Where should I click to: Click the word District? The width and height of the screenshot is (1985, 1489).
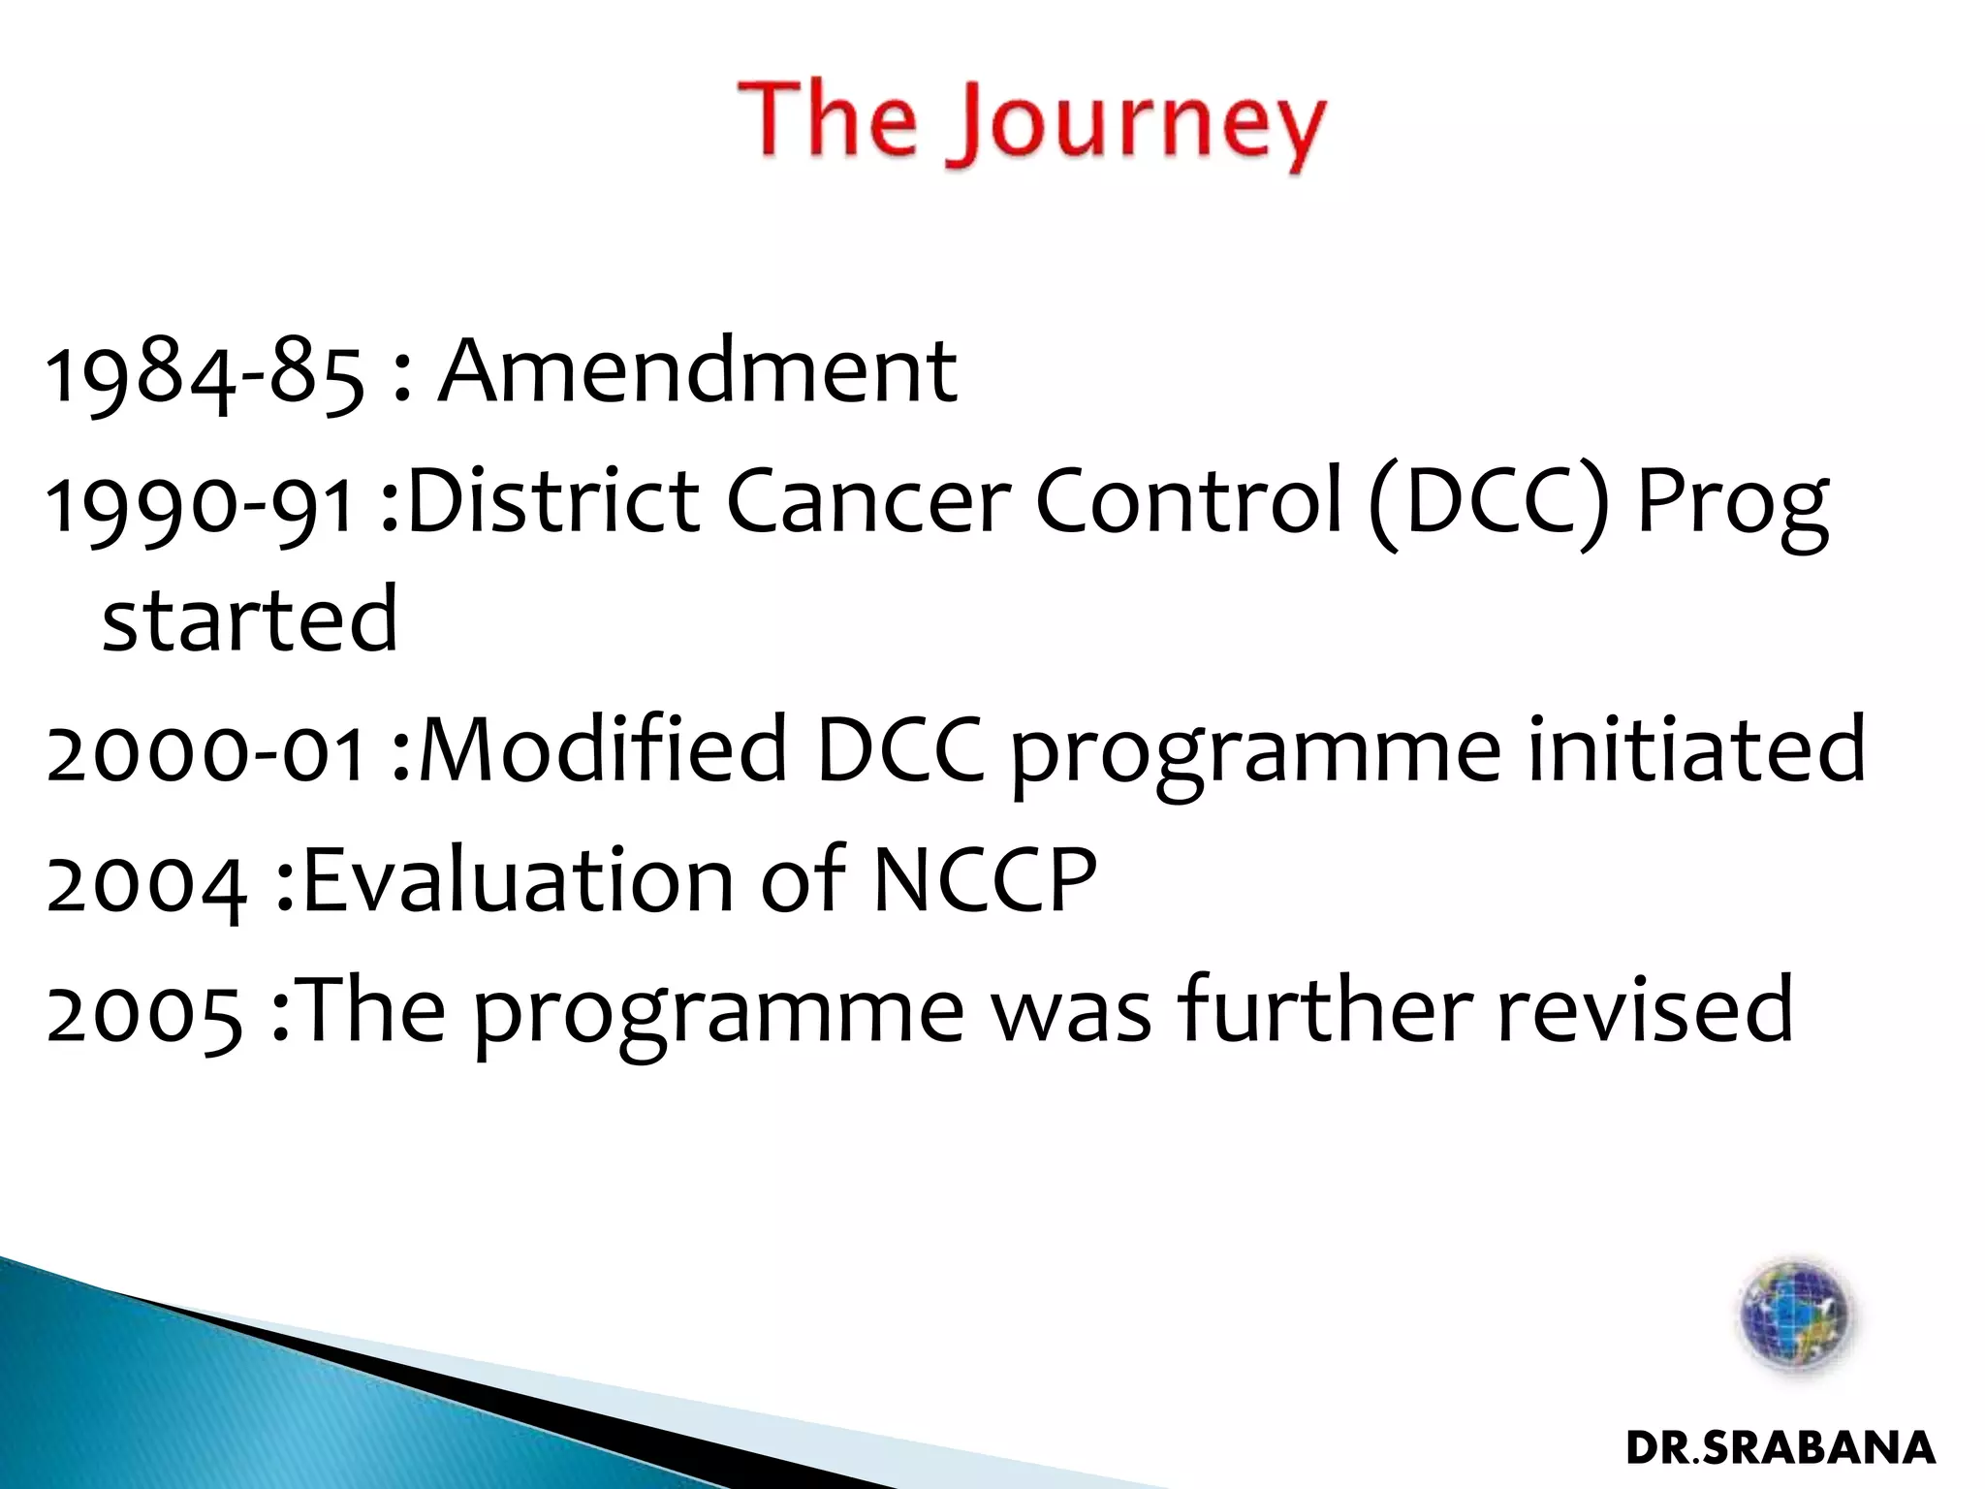pyautogui.click(x=553, y=501)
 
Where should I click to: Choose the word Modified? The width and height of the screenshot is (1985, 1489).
pyautogui.click(x=602, y=748)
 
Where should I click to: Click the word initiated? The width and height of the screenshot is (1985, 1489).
pyautogui.click(x=1696, y=748)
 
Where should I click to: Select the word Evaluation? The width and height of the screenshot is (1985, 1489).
pyautogui.click(x=519, y=879)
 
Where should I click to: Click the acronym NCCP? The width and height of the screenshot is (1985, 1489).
pyautogui.click(x=985, y=879)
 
